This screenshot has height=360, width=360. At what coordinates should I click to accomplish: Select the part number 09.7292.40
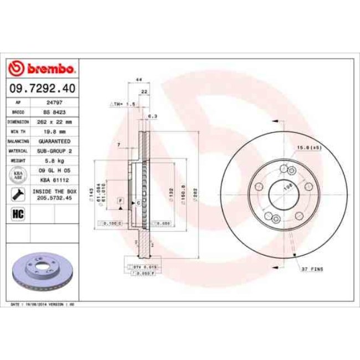42,88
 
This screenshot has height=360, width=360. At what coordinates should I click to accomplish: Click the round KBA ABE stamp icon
17,175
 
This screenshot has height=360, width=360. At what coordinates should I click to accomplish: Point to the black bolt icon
17,194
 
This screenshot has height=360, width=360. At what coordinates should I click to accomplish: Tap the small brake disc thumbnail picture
42,272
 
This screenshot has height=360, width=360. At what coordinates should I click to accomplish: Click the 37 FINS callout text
312,269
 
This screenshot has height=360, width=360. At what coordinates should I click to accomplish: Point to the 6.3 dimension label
153,116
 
